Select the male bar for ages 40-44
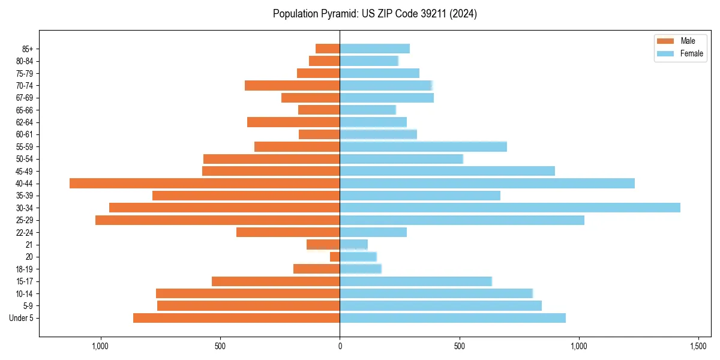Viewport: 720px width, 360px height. coord(205,183)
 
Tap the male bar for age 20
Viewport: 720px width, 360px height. coord(335,257)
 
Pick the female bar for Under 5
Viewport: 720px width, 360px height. coord(452,318)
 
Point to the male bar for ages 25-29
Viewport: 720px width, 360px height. coord(217,220)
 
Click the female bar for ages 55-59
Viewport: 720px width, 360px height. coord(423,146)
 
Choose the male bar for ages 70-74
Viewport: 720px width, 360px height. coord(292,85)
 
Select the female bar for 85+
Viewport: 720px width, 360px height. coord(374,49)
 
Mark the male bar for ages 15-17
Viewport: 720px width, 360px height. coord(275,281)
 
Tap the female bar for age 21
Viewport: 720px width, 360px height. coord(353,244)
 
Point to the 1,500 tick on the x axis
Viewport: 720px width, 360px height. coord(698,346)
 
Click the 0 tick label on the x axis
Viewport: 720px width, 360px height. coord(340,346)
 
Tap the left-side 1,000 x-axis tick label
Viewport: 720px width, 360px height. coord(100,346)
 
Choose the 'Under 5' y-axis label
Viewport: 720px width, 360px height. coord(22,318)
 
